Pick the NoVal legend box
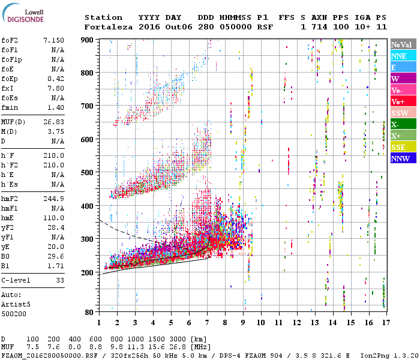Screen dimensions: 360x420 tap(403, 44)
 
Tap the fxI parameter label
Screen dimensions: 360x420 tap(8, 88)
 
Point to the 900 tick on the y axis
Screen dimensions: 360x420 tap(88, 40)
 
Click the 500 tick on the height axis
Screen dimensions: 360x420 tap(88, 173)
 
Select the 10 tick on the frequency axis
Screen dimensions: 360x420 tap(260, 322)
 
